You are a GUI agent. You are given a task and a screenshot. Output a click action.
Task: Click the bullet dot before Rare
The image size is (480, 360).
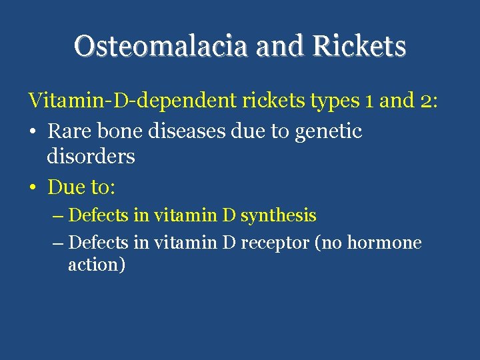coord(33,132)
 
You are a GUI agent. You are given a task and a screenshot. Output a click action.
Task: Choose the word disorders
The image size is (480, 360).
coord(91,157)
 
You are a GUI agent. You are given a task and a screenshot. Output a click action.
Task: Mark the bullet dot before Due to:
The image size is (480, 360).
coord(33,188)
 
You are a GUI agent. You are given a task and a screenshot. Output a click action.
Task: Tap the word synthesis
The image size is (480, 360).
coord(278,216)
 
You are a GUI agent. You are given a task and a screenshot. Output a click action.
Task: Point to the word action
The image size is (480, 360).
coord(93,265)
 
